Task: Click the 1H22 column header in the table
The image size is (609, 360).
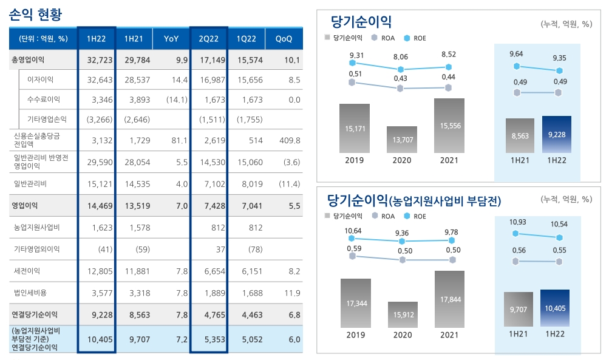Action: click(97, 39)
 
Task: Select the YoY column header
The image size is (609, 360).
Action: click(171, 39)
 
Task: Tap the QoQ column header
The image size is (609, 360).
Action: click(284, 39)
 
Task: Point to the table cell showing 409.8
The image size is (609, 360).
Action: click(288, 140)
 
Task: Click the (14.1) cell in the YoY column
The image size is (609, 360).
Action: click(174, 99)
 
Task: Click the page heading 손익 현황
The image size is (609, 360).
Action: click(36, 13)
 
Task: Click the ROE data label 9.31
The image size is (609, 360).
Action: click(357, 56)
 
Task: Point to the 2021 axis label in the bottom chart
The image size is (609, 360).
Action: click(450, 335)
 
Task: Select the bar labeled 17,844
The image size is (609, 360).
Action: click(450, 299)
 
